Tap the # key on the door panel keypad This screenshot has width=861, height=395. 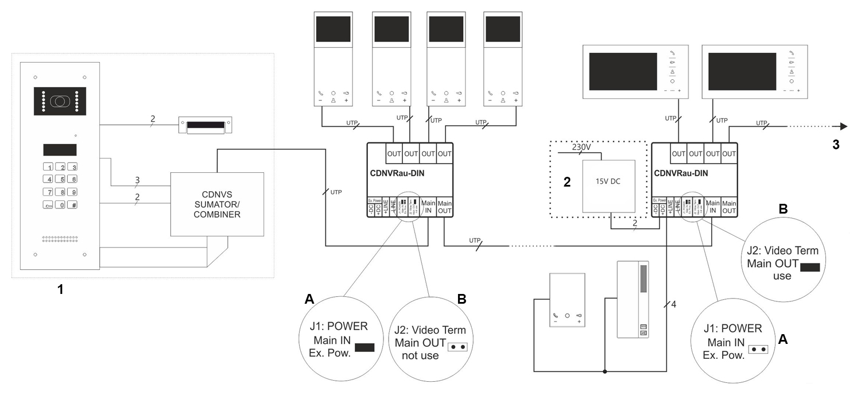[x=72, y=205]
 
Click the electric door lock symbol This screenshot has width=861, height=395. [x=205, y=126]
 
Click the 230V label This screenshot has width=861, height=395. [x=581, y=147]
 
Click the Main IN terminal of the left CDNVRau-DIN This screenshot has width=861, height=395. [x=428, y=207]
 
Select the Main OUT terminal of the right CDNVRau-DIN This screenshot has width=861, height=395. [x=729, y=207]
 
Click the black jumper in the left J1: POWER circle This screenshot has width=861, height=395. [x=364, y=347]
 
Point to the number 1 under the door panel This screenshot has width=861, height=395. [x=60, y=290]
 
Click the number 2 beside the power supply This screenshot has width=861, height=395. [x=567, y=183]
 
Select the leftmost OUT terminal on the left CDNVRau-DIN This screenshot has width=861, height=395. [x=394, y=153]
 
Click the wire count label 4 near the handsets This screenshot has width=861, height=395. [x=673, y=304]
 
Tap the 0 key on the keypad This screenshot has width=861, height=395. [x=60, y=205]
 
